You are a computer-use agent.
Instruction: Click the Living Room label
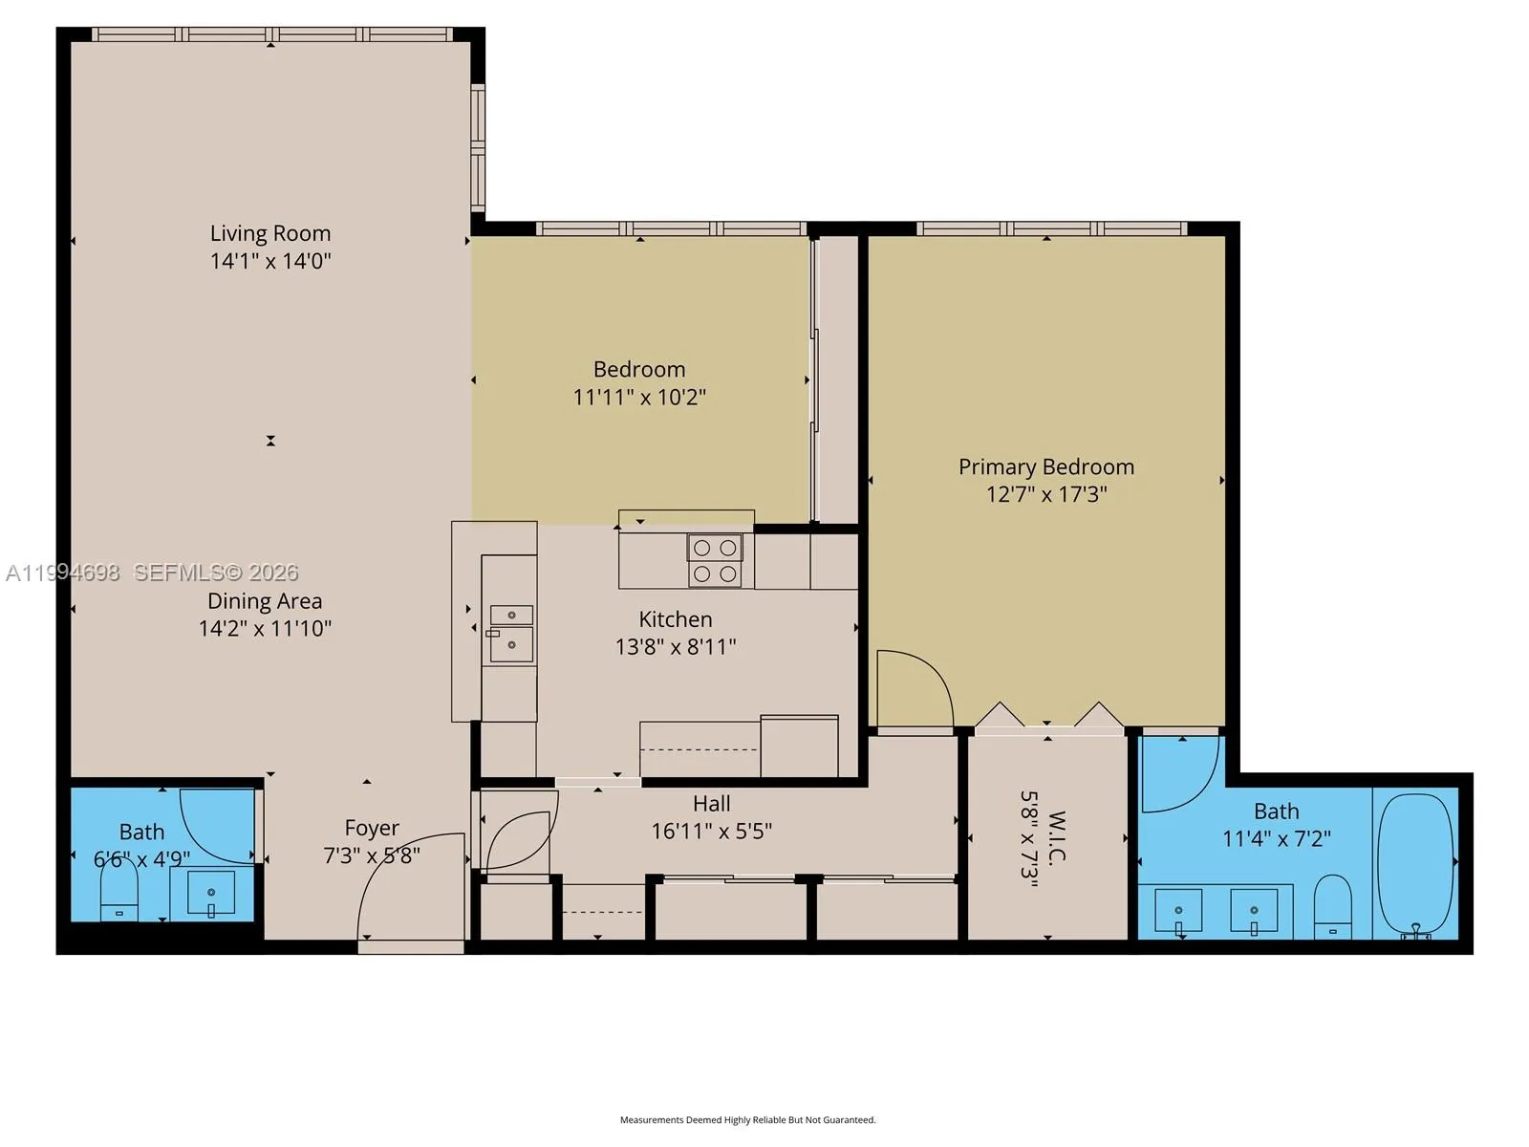[270, 233]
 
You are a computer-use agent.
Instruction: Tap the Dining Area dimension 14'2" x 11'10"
[265, 628]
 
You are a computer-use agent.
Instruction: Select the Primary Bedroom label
[1046, 466]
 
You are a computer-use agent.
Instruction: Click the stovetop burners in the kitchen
[715, 560]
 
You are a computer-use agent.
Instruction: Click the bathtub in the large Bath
[1416, 862]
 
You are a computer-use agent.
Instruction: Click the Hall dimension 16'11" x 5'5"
[711, 831]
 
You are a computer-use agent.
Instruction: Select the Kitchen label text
[676, 619]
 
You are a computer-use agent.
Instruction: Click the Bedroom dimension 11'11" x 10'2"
[639, 397]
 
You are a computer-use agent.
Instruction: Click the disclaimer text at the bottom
[747, 1119]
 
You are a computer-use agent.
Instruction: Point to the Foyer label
[372, 828]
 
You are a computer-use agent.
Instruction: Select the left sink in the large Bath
[1178, 911]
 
